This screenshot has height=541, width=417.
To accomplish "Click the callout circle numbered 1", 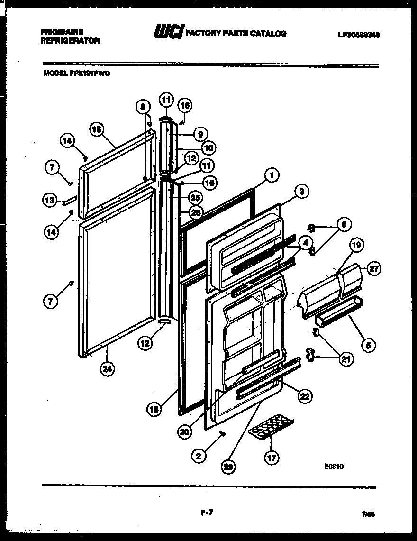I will tap(272, 175).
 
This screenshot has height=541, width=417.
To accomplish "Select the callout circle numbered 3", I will tap(301, 192).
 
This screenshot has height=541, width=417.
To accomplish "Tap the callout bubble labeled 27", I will tap(374, 268).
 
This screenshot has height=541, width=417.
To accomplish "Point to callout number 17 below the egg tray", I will tap(272, 458).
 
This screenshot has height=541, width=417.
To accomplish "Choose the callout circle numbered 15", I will tap(96, 129).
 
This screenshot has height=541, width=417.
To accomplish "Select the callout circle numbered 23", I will tap(229, 467).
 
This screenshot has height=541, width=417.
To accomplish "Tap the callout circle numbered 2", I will tap(199, 456).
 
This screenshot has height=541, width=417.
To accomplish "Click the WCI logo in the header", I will tap(167, 33).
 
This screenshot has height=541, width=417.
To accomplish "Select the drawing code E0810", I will tap(333, 467).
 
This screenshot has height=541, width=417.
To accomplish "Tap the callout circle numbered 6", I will tap(367, 345).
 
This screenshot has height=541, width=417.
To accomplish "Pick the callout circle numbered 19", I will tap(357, 246).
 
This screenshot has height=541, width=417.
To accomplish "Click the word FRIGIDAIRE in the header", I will tap(62, 32).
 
